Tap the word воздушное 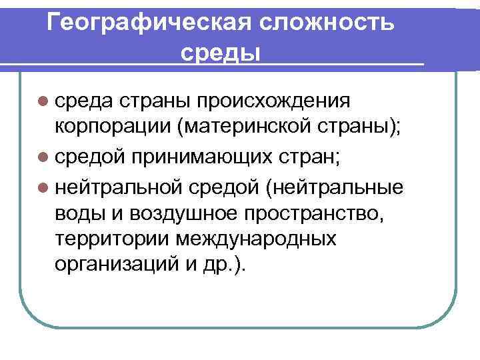[x=176, y=211]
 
